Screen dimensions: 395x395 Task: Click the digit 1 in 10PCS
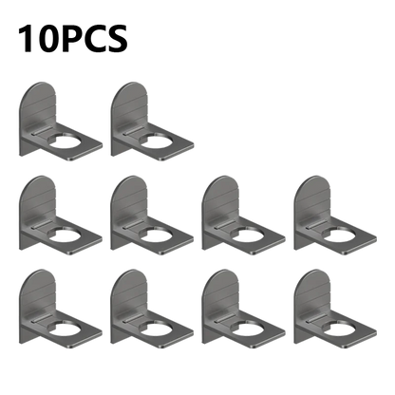pos(26,38)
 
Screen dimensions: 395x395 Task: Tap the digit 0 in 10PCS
pos(47,38)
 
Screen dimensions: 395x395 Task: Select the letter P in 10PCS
pos(71,38)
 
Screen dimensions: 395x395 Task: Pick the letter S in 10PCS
pos(117,38)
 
